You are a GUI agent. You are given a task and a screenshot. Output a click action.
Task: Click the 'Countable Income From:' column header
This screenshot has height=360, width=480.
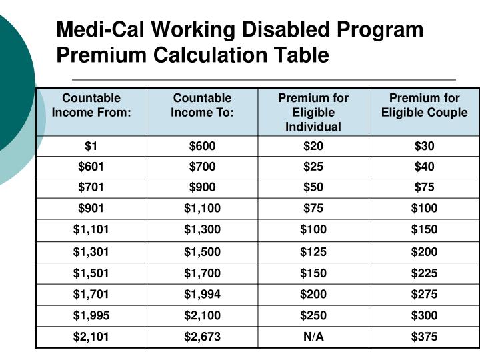point(91,105)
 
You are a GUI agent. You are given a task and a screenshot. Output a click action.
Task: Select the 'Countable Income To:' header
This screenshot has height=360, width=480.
point(202,105)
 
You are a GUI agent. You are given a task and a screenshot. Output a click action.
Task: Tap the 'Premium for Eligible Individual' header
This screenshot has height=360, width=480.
point(313,112)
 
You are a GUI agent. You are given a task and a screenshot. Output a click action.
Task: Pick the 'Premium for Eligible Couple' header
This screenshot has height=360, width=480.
point(424,105)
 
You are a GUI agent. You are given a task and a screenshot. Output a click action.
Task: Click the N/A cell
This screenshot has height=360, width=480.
point(313,337)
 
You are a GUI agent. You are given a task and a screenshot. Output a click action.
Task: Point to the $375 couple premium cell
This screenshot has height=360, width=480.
point(424,337)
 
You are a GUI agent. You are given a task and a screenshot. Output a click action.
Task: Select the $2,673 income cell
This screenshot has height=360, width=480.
point(202,337)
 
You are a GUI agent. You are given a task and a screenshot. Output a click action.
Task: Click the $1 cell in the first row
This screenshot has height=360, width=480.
point(91,146)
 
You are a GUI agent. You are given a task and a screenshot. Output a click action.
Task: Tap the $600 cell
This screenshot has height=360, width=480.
point(202,146)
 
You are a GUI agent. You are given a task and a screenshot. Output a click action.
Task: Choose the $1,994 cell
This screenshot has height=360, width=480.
point(202,294)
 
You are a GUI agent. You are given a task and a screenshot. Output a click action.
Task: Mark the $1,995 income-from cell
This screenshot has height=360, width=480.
point(91,315)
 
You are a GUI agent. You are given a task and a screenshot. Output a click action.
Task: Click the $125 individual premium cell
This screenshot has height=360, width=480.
point(313,252)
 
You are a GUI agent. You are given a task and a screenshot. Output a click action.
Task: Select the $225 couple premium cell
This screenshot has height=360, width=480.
point(424,273)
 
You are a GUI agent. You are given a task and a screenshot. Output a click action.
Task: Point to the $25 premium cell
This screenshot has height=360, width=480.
point(313,167)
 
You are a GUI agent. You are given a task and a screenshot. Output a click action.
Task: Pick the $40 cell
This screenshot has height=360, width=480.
point(424,167)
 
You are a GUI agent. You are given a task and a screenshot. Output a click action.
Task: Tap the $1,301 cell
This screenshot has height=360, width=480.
point(91,252)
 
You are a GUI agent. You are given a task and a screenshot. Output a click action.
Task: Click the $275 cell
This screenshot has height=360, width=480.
point(424,294)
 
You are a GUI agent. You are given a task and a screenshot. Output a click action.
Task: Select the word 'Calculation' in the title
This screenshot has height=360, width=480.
point(217,55)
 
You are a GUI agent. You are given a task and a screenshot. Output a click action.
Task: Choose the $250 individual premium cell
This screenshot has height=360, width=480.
point(313,315)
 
